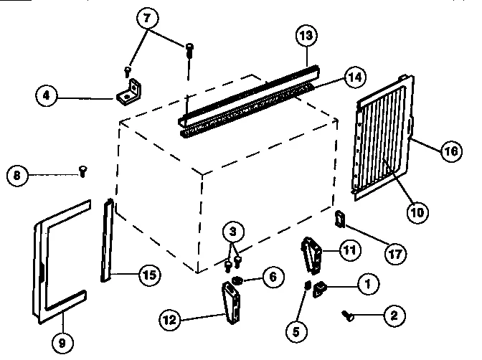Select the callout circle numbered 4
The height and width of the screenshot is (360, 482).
coord(46,95)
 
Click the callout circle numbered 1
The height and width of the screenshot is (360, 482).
coord(367,285)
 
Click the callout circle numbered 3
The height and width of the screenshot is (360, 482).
coord(233,232)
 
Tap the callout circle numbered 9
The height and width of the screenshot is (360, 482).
coord(62,343)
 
